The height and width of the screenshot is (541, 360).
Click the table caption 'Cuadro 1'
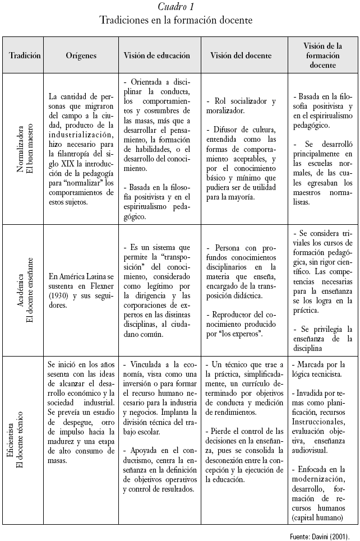(176, 7)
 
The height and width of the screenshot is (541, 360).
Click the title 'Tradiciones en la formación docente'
(176, 20)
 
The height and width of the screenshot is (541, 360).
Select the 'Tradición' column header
(25, 56)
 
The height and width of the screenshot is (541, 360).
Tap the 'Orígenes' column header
(81, 56)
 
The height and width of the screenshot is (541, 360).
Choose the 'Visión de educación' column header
(157, 56)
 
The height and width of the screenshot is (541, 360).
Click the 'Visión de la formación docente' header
(322, 56)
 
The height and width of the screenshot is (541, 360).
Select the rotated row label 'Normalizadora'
(20, 150)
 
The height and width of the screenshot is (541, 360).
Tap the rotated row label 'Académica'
(20, 289)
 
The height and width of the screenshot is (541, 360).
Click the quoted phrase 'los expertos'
(243, 334)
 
